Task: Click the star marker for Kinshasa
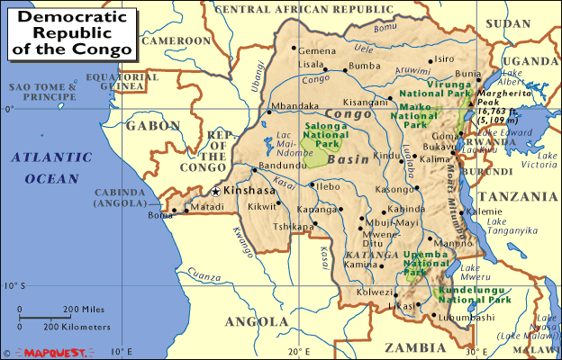coord(214,191)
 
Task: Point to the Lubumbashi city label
coord(468,317)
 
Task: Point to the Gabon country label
coord(153,126)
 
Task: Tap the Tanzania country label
coord(518,195)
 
